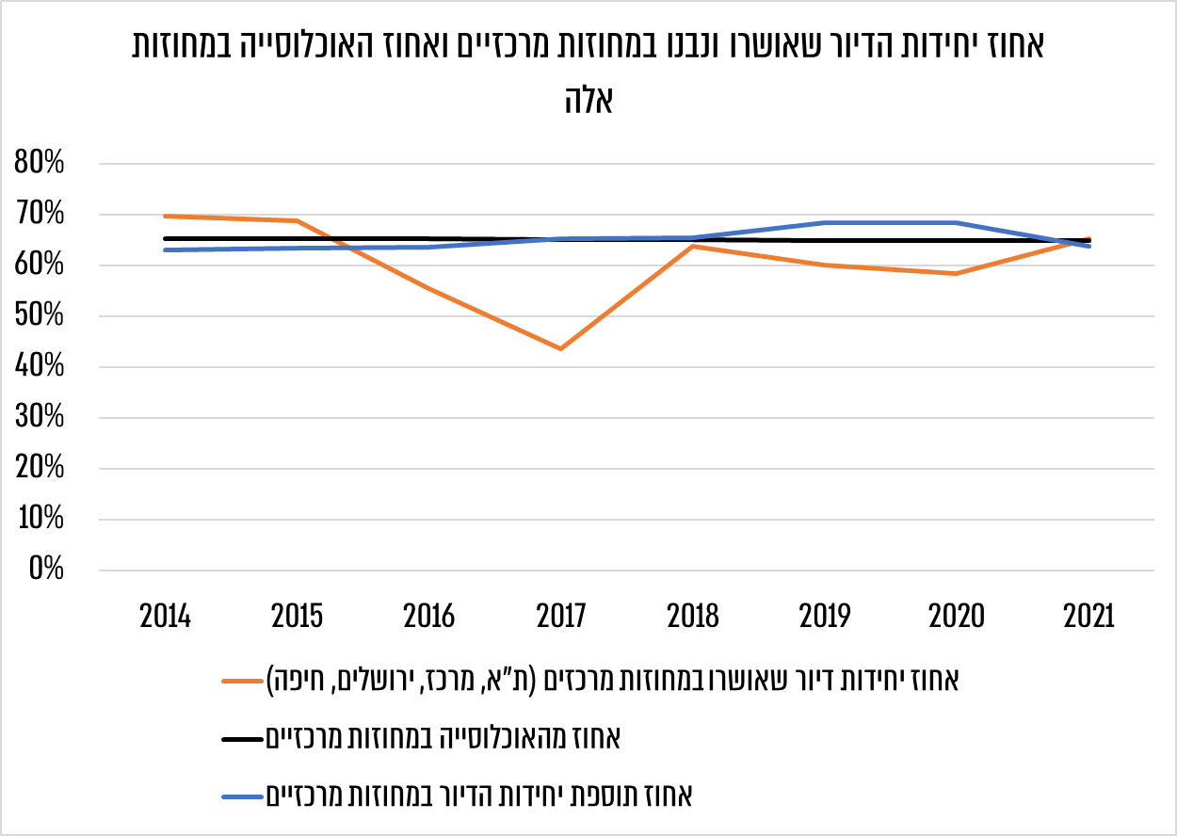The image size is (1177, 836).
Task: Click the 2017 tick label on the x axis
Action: click(x=561, y=617)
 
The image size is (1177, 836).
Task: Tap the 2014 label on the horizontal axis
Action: click(x=166, y=617)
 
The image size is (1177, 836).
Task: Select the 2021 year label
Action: click(x=1088, y=617)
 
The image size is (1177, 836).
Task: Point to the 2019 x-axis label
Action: click(x=825, y=617)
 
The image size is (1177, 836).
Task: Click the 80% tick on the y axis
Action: click(x=40, y=164)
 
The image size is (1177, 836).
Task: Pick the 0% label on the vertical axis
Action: click(x=45, y=570)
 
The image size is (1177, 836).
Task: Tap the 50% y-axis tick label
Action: click(x=40, y=316)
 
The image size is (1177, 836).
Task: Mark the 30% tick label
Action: click(x=40, y=418)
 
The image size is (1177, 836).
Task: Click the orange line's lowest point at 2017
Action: click(x=561, y=349)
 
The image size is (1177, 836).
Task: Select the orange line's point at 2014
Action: click(x=166, y=217)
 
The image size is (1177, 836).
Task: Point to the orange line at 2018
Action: click(x=693, y=246)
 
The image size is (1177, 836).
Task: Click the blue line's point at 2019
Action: click(x=825, y=223)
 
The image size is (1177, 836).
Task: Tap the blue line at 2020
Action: click(x=957, y=223)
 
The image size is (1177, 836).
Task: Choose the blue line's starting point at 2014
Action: click(x=166, y=249)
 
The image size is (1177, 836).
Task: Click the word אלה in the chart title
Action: click(x=588, y=100)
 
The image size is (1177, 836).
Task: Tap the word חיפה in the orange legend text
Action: click(x=293, y=679)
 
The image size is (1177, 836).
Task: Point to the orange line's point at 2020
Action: click(x=957, y=274)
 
